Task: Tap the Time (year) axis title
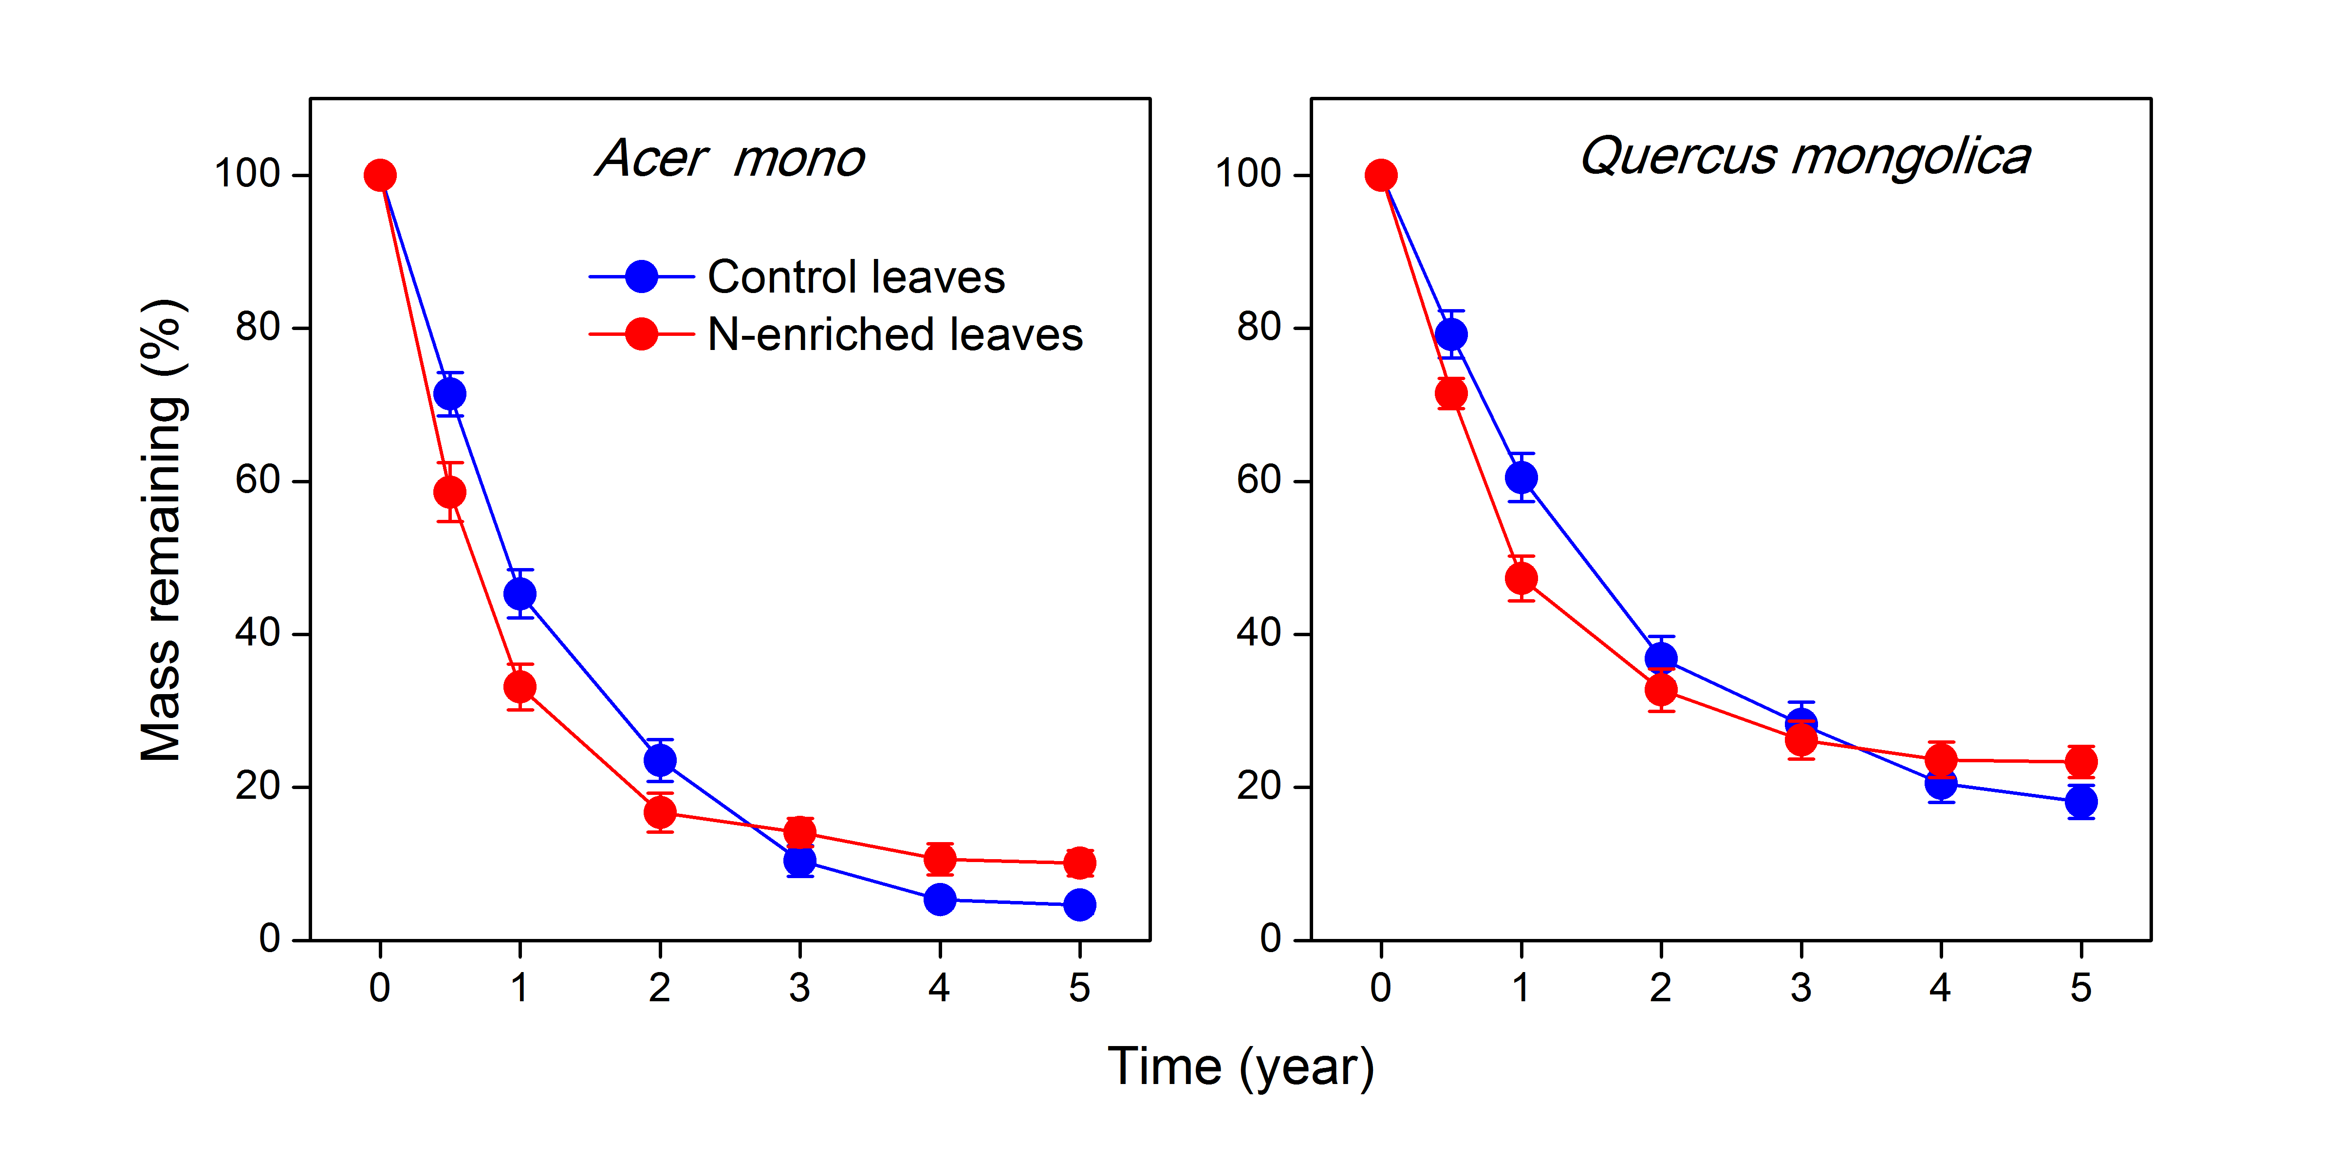coord(1240,1067)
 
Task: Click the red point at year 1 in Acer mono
coord(520,687)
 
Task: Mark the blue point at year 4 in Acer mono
coord(939,900)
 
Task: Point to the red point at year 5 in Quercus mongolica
coord(2080,762)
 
